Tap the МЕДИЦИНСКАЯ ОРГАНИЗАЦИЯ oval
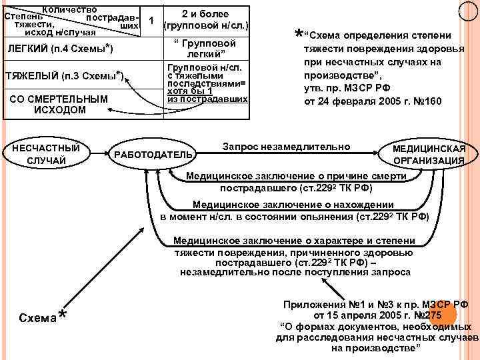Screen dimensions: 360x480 click(429, 154)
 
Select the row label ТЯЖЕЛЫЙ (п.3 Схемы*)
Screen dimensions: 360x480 click(64, 75)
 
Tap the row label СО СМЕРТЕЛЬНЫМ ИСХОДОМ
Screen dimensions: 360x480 click(60, 104)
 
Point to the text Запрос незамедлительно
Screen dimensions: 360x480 click(286, 146)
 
